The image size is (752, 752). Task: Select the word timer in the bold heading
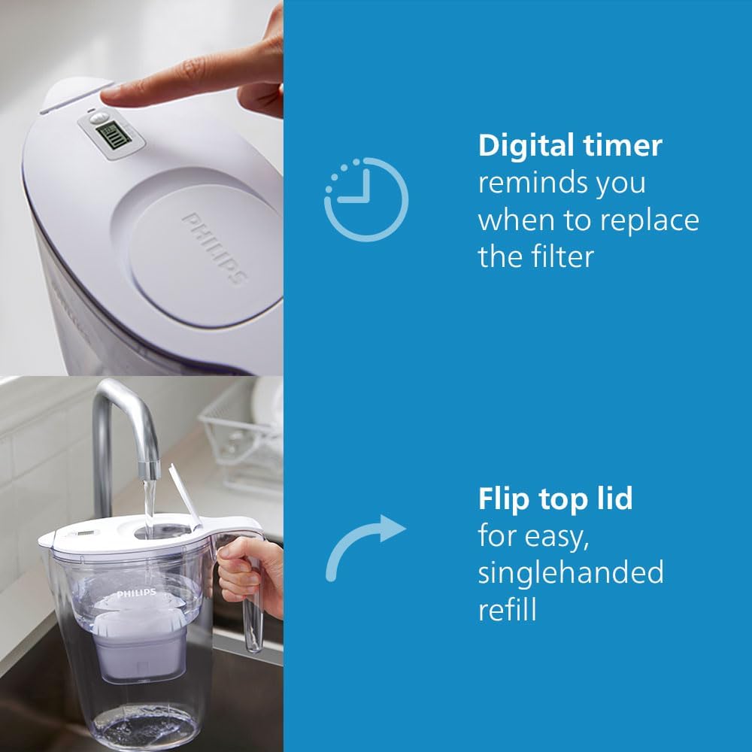626,145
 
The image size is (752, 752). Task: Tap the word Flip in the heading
502,499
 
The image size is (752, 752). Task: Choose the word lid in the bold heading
614,499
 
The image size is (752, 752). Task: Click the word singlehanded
571,572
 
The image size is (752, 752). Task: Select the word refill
508,609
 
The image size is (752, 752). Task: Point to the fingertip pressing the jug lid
113,94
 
